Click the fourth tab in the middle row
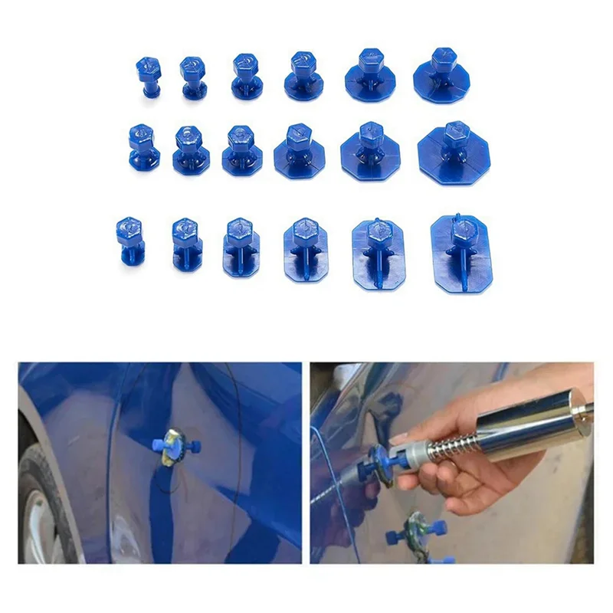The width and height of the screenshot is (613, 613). click(299, 147)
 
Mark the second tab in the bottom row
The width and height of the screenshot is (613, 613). click(185, 242)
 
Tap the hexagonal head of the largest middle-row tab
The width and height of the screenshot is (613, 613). click(454, 132)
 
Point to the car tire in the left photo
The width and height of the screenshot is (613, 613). click(46, 506)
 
